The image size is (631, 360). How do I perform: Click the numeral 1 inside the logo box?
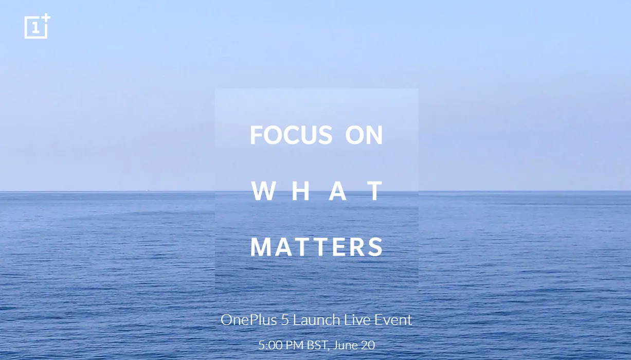point(36,28)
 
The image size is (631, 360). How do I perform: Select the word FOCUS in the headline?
point(291,135)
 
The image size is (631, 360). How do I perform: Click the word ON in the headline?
point(364,135)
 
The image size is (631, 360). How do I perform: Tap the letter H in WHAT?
point(301,191)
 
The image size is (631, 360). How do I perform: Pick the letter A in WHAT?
point(338,191)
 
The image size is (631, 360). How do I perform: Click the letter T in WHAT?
point(375,191)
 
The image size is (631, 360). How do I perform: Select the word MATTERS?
point(317,247)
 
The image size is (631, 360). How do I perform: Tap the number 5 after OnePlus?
point(285,320)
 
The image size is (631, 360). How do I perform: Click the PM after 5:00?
point(294,345)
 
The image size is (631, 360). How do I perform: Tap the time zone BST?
point(317,346)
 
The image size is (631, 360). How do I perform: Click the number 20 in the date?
point(368,345)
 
